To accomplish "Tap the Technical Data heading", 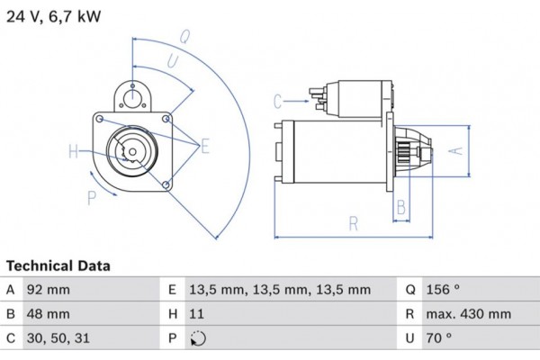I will point(58,266).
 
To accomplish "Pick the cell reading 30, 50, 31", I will point(58,339).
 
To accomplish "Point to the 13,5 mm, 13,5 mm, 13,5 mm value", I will point(280,290).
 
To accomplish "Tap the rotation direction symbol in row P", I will point(198,339).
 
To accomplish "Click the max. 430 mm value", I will point(469,314).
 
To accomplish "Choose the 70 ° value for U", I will point(440,339).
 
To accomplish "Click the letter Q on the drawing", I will point(184,37).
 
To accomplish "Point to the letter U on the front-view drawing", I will point(171,61).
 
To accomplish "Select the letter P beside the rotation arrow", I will point(91,198).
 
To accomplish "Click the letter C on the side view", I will point(277,100).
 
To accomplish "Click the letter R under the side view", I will point(354,223).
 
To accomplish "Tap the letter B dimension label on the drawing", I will point(401,207).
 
